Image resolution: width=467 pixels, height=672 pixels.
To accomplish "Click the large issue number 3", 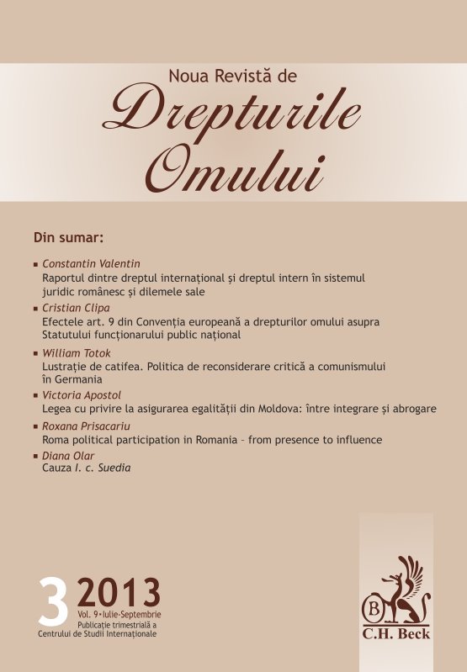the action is (x=52, y=602).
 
